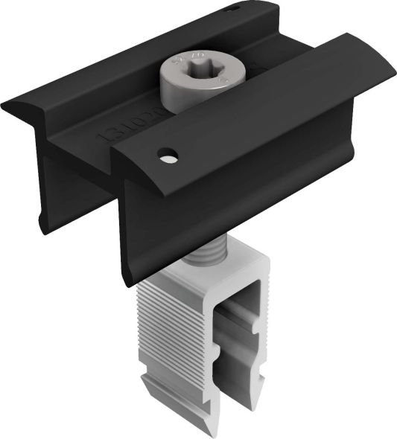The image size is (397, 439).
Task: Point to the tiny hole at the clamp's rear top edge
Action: tap(234, 8)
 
